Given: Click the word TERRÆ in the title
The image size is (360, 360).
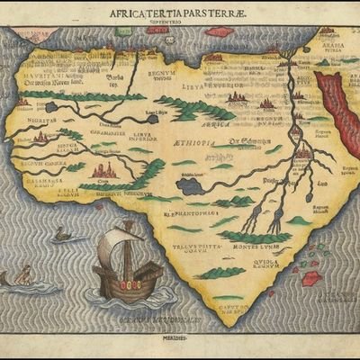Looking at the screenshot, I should [x=228, y=14].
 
